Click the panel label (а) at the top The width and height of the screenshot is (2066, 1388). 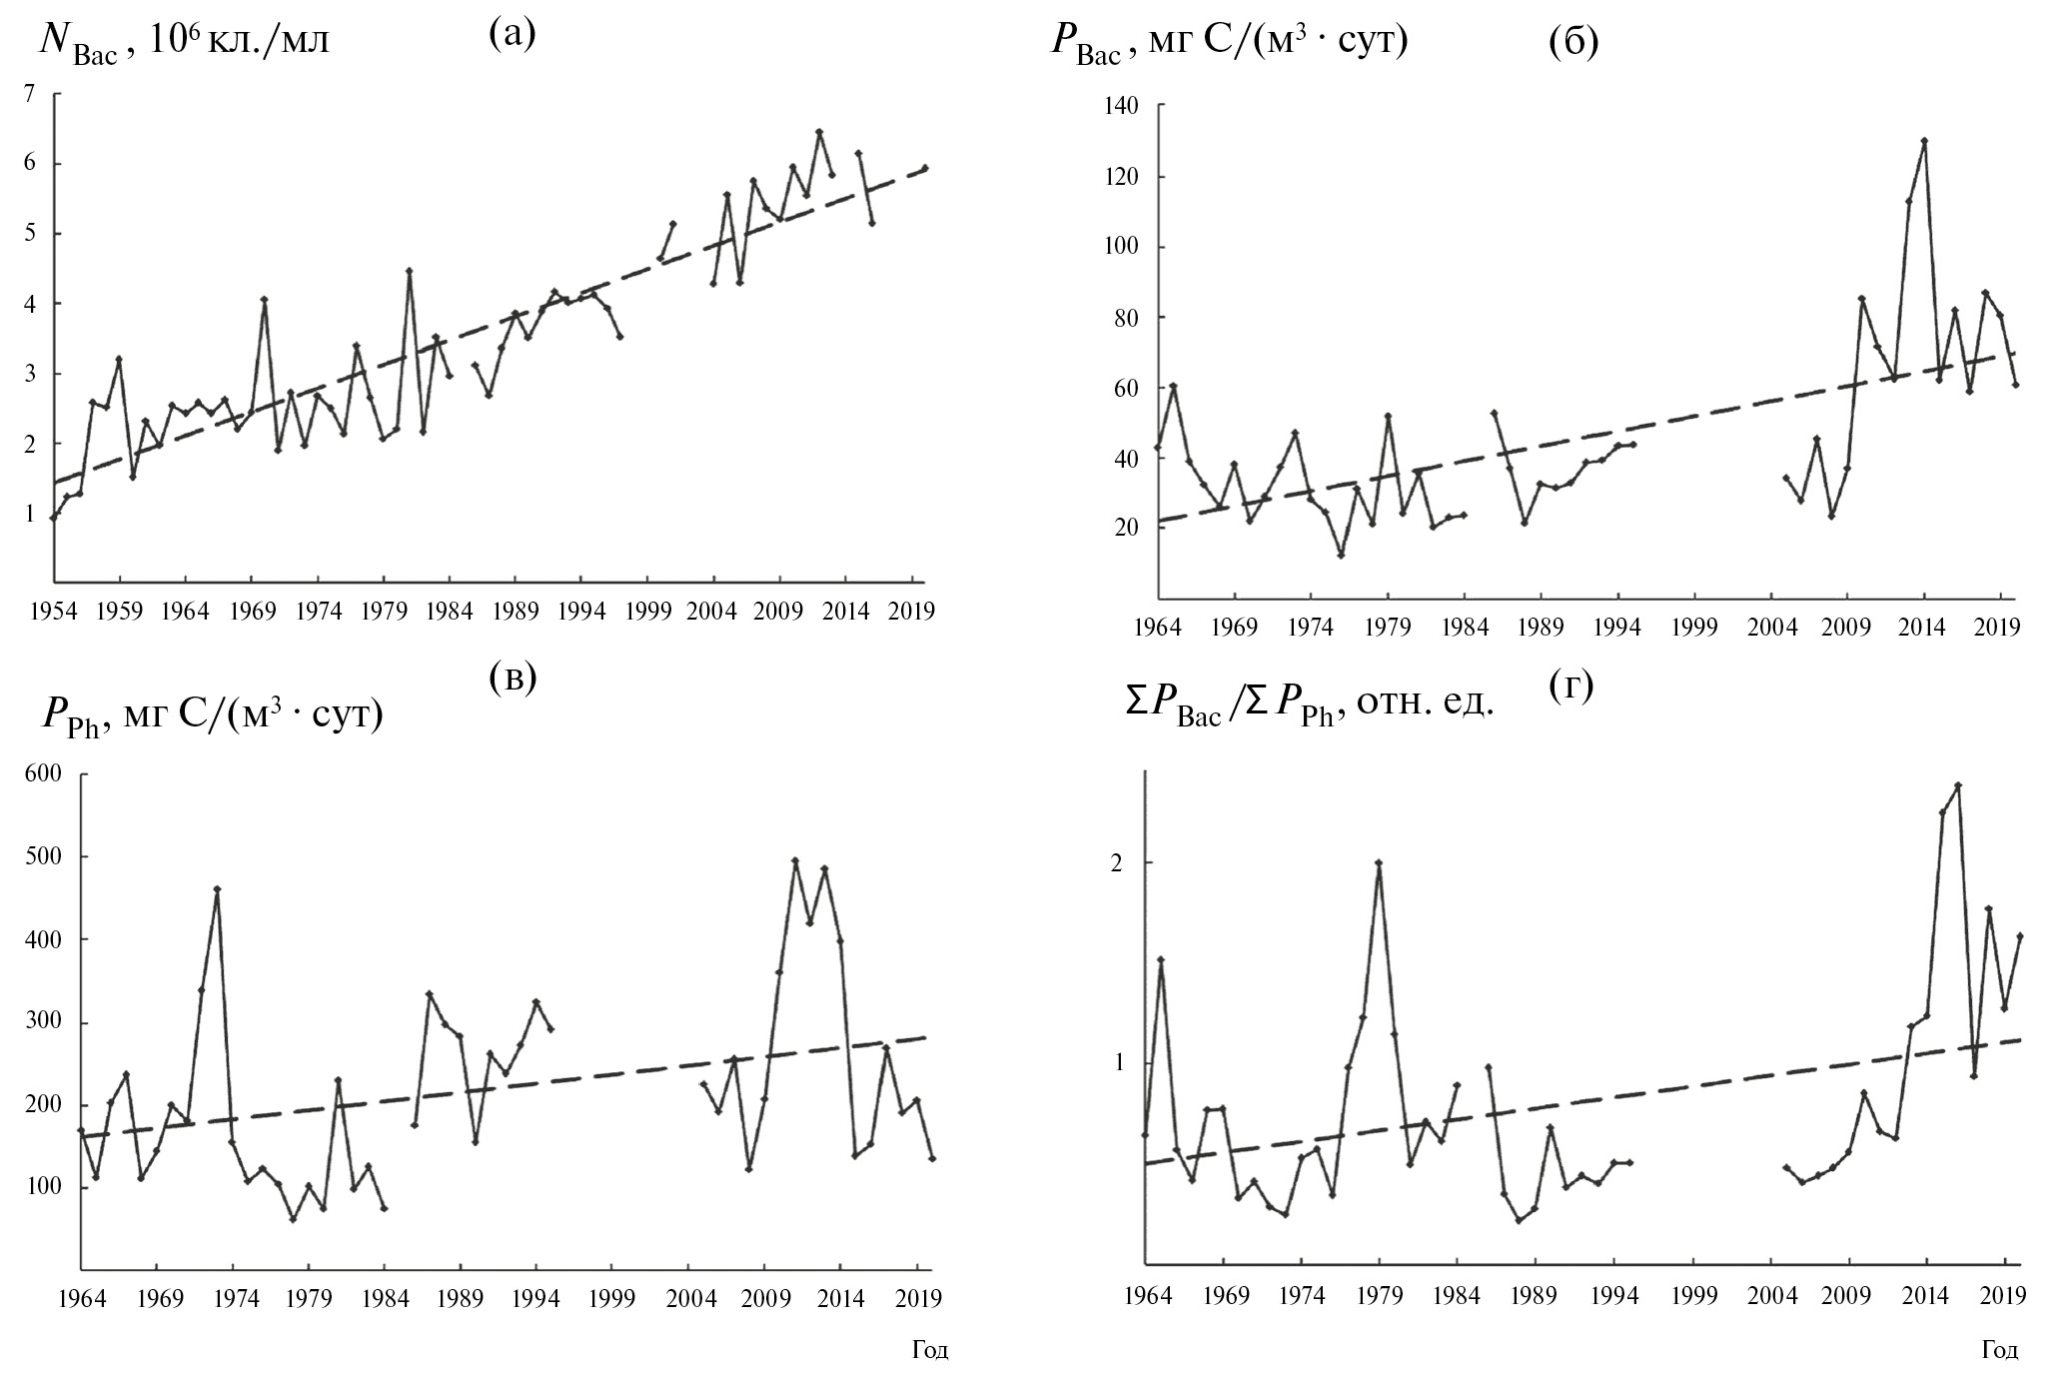pyautogui.click(x=513, y=36)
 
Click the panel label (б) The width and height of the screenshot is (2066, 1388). pyautogui.click(x=1572, y=43)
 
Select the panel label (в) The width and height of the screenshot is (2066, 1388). pyautogui.click(x=513, y=678)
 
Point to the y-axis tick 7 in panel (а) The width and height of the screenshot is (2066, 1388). pyautogui.click(x=30, y=94)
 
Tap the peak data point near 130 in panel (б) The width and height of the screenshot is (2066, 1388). pyautogui.click(x=1924, y=141)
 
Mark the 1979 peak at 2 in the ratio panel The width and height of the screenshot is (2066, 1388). pyautogui.click(x=1379, y=862)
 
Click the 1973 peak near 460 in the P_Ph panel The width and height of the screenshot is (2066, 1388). pyautogui.click(x=217, y=888)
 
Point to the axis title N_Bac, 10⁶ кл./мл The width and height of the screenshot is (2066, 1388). pyautogui.click(x=184, y=44)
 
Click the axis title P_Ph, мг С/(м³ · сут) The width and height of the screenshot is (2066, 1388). pyautogui.click(x=212, y=716)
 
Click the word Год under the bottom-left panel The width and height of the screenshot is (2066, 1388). pyautogui.click(x=930, y=1351)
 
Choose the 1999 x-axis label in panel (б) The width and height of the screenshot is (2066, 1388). pyautogui.click(x=1695, y=628)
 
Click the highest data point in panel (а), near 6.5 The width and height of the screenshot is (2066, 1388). pyautogui.click(x=818, y=131)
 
